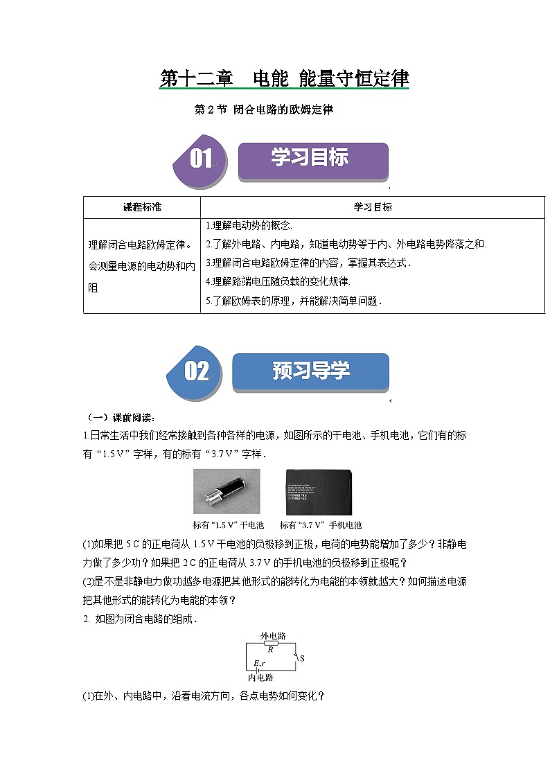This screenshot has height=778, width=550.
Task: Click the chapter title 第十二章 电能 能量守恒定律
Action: [284, 79]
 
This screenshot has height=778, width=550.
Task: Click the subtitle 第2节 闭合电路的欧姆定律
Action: [264, 109]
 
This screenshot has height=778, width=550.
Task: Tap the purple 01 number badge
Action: [201, 160]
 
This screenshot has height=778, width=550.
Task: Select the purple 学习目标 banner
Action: [312, 160]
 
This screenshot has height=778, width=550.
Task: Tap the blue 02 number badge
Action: [196, 371]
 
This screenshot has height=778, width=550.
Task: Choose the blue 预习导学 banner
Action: [310, 371]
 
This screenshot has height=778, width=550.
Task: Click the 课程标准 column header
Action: [142, 207]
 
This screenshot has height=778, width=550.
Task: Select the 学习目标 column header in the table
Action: [373, 207]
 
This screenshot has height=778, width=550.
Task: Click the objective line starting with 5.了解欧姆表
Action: [294, 301]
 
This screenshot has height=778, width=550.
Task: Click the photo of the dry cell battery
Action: [227, 491]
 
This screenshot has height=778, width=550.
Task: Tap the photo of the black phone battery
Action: [319, 491]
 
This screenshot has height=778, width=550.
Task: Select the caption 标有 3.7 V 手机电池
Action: [321, 525]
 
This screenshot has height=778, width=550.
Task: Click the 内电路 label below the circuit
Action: [260, 678]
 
